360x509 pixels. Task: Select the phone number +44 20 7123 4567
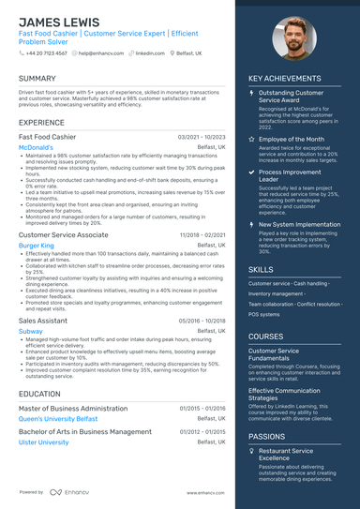46,53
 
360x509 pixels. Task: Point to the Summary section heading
37,79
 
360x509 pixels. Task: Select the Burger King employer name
37,245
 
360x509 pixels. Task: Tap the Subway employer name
31,331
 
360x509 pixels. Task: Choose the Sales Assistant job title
43,320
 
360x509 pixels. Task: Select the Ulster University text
44,442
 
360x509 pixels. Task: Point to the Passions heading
267,436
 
